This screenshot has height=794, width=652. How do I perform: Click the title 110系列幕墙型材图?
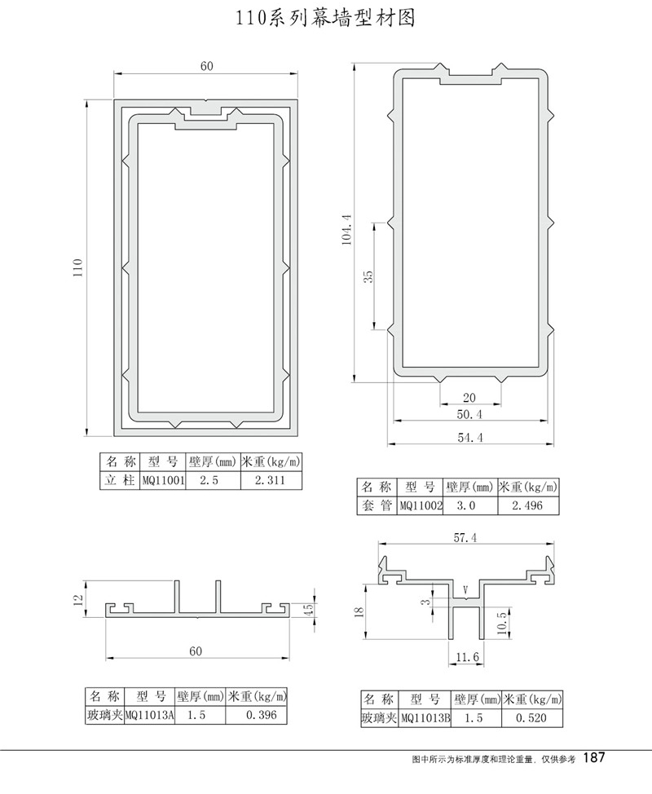[325, 19]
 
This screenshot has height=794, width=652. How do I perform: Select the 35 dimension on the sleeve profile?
[368, 276]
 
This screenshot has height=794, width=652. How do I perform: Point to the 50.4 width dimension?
[470, 415]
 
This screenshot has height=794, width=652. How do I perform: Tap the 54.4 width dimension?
[470, 438]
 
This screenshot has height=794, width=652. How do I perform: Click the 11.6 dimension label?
[465, 655]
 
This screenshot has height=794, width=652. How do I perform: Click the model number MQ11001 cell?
[163, 480]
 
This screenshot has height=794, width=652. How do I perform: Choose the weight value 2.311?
[271, 480]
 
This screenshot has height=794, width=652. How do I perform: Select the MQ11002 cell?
[420, 505]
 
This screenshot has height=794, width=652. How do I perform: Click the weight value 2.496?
[527, 505]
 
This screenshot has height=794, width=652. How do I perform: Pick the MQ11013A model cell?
[150, 716]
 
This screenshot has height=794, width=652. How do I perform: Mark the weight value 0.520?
[534, 718]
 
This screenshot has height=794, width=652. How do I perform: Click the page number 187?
[594, 758]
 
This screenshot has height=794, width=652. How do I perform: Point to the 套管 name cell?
[377, 505]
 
